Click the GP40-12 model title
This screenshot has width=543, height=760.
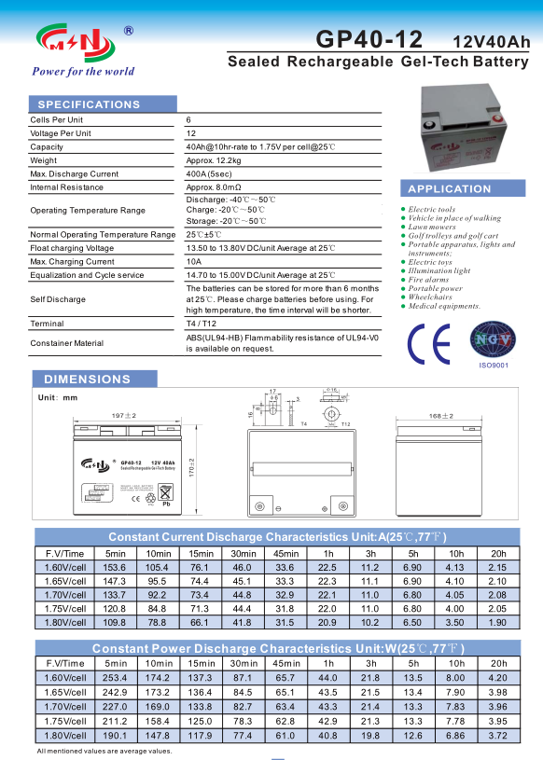(x=369, y=40)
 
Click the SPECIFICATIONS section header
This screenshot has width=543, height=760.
(x=89, y=104)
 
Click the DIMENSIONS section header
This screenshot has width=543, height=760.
(x=88, y=380)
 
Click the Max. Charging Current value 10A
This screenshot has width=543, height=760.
(x=194, y=262)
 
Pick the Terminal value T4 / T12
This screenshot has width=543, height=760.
(x=201, y=324)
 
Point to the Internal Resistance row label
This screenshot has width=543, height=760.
(x=67, y=187)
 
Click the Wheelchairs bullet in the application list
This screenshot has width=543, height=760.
(x=434, y=297)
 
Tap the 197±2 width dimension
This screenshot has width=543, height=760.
(x=124, y=414)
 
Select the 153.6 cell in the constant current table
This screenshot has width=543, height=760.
(x=114, y=568)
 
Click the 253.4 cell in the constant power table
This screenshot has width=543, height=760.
(x=114, y=678)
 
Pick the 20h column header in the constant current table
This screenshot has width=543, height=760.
(x=497, y=553)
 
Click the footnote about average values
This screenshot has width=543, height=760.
(x=104, y=751)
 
